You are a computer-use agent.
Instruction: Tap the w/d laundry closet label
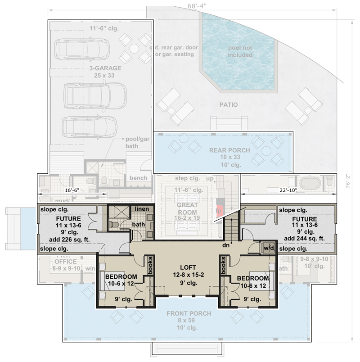point(268,248)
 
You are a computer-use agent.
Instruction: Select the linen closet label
point(142,209)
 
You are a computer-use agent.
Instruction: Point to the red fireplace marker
point(219,211)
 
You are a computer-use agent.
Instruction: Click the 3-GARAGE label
point(105,68)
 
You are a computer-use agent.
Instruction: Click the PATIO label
point(229,105)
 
